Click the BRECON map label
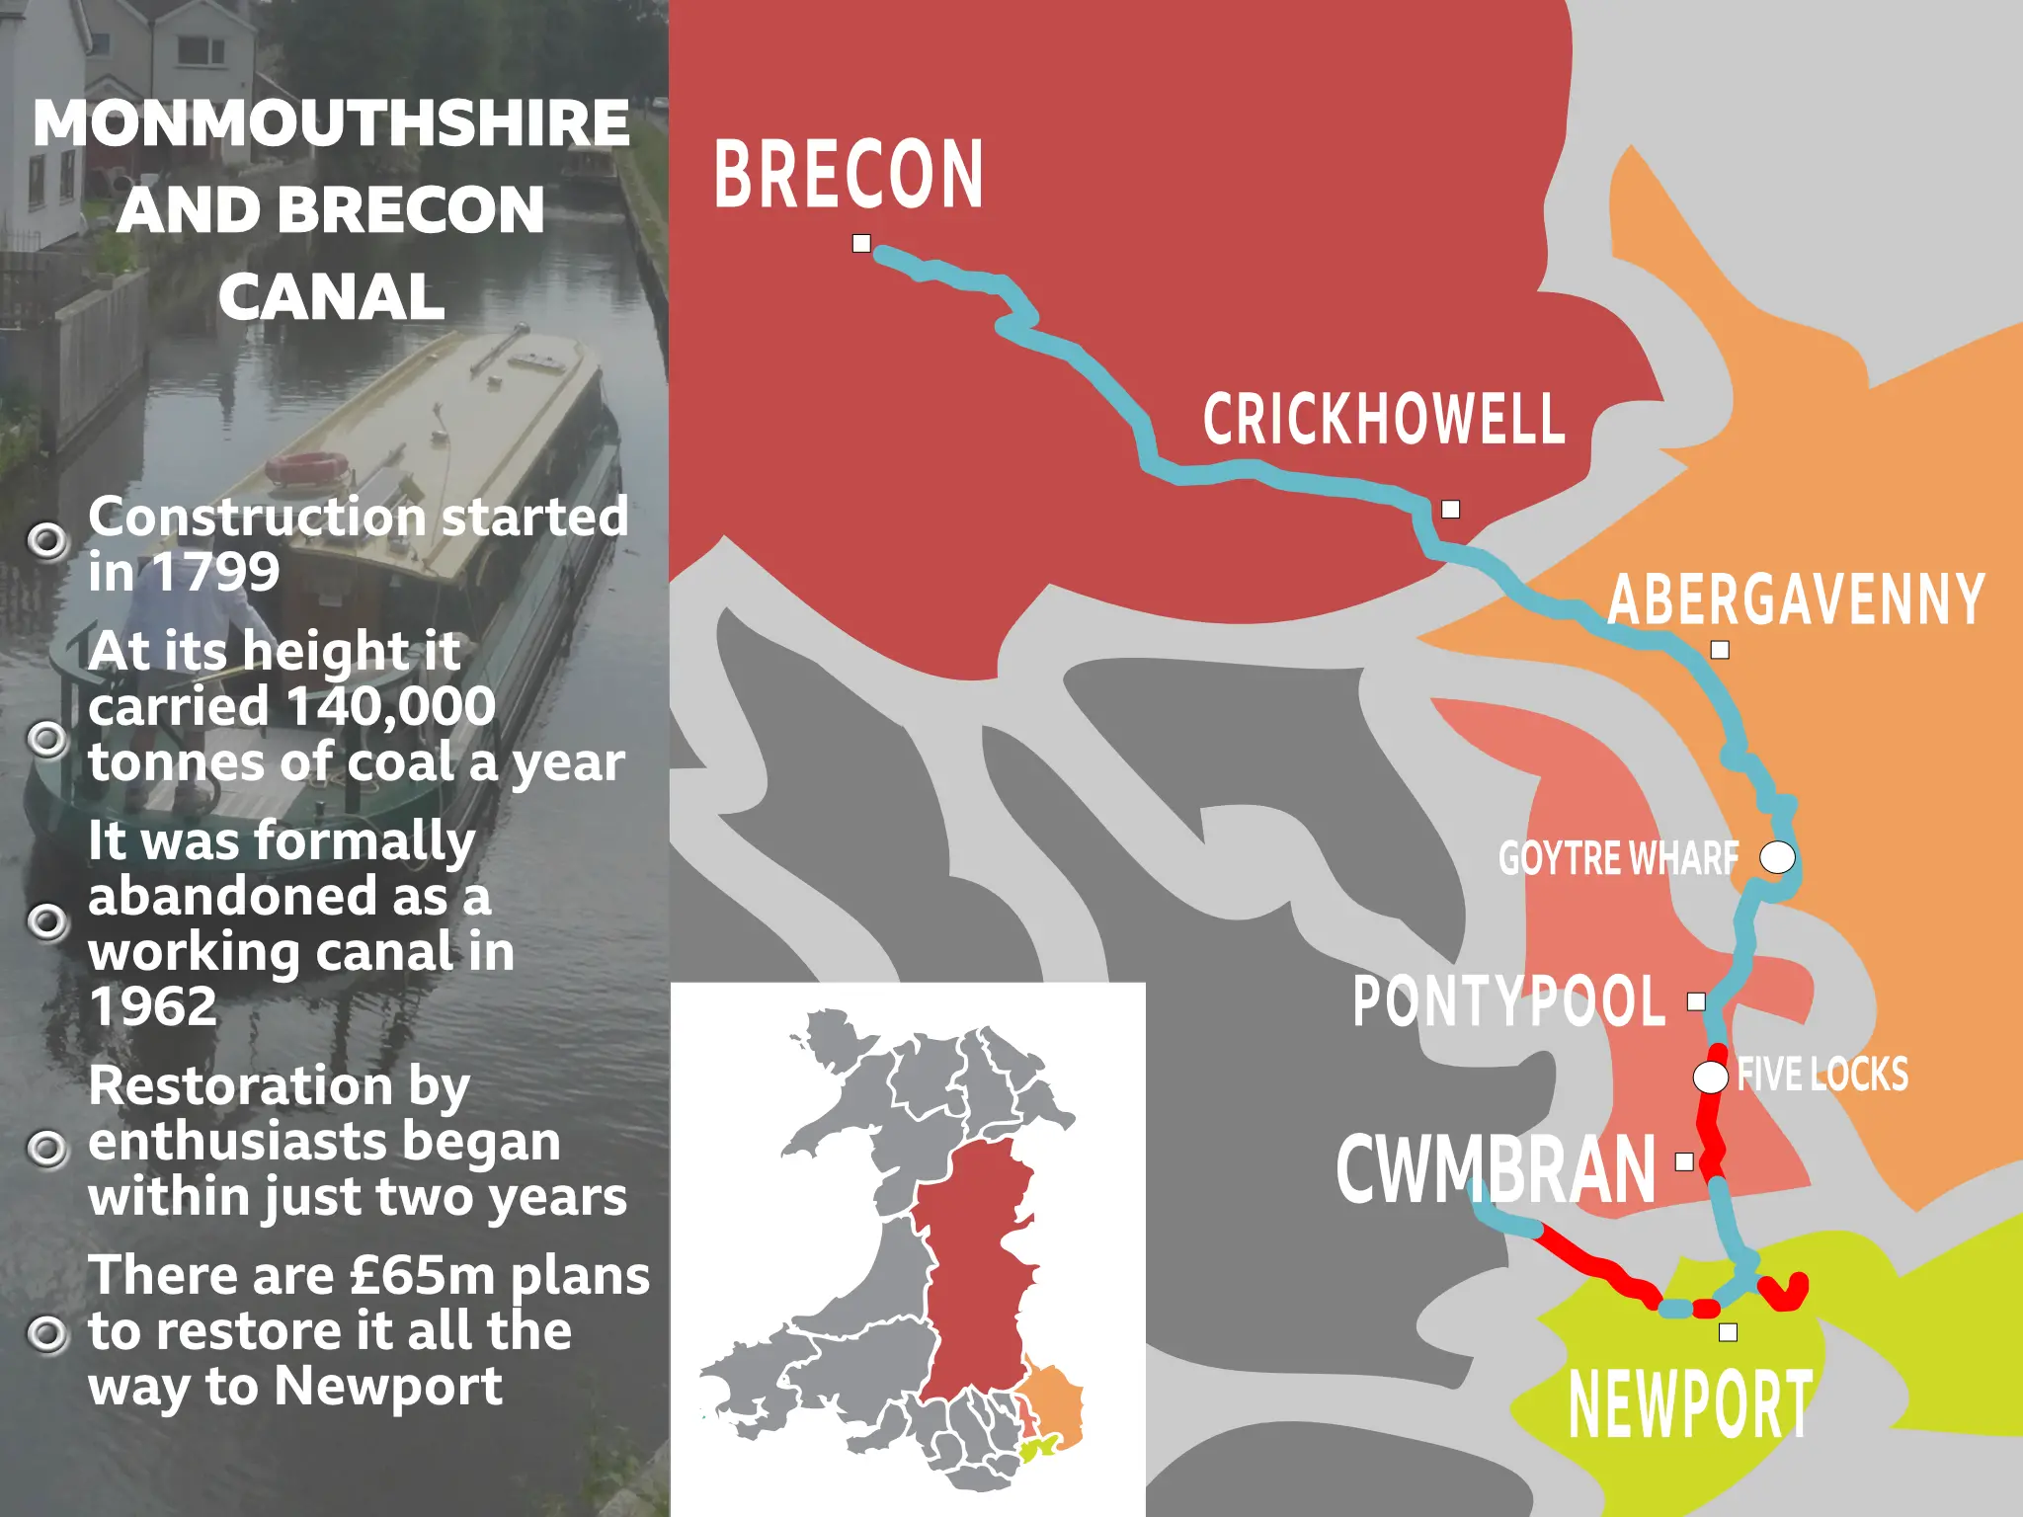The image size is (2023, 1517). point(848,175)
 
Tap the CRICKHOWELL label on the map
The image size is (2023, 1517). point(1383,419)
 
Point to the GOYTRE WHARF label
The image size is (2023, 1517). point(1618,858)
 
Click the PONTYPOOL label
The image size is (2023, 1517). point(1508,1001)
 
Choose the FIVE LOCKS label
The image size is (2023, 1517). point(1822,1075)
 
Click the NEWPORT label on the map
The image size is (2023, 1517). point(1690,1404)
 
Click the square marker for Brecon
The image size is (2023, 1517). point(861,243)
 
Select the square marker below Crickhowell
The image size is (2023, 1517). point(1450,510)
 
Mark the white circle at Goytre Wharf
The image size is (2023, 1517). point(1777,857)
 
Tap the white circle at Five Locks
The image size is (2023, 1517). point(1711,1078)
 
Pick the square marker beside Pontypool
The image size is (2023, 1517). point(1696,1001)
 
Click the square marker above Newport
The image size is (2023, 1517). point(1728,1332)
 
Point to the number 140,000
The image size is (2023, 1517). point(390,707)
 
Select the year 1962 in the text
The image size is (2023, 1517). point(153,1007)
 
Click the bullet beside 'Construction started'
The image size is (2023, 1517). point(47,540)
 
